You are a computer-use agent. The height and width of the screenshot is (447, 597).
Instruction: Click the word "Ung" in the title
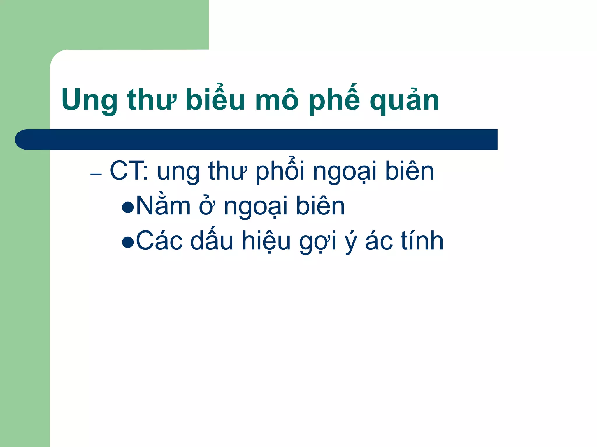click(89, 100)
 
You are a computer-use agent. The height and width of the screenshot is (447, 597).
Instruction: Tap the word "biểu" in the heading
click(215, 99)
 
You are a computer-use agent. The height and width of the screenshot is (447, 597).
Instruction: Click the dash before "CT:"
click(96, 174)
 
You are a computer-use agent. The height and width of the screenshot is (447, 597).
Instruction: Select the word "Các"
click(159, 241)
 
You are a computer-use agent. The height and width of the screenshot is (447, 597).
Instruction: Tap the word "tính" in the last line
click(422, 240)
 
